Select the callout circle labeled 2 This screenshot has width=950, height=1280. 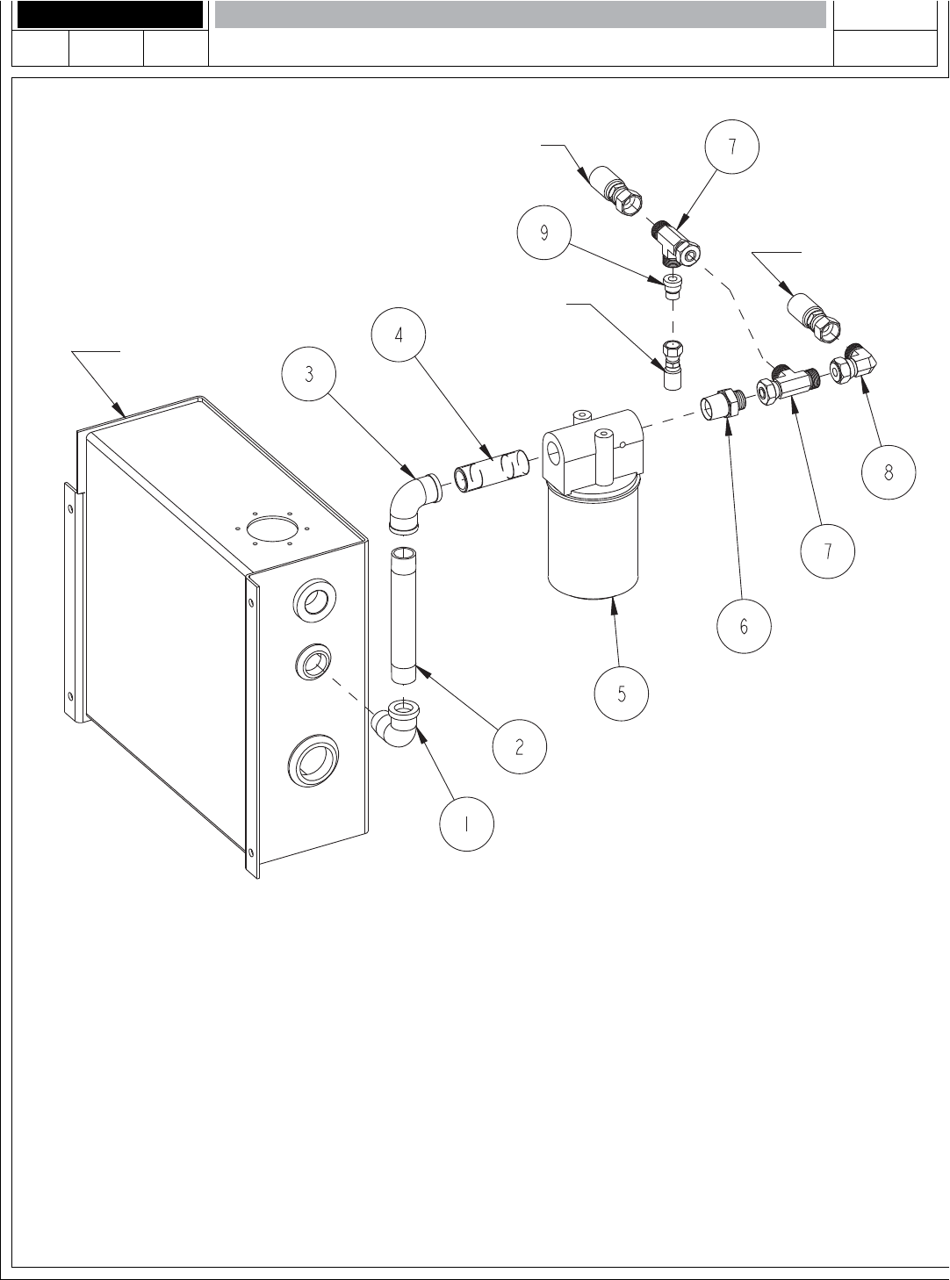point(519,746)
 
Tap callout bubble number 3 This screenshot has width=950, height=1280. point(309,373)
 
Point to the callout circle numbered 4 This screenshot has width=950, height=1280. point(399,334)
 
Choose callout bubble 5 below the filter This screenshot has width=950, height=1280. point(622,694)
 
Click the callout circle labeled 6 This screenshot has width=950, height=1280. point(744,626)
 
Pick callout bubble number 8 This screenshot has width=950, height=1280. point(889,471)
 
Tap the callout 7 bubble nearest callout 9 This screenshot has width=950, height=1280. point(732,147)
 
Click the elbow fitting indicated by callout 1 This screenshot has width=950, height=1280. point(397,723)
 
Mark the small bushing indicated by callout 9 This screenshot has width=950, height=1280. point(673,286)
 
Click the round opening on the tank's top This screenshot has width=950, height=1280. point(272,529)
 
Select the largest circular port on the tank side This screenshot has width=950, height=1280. point(313,760)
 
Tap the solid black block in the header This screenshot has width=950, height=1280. point(109,14)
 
